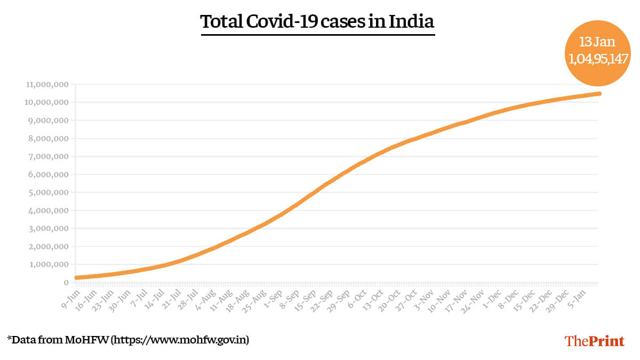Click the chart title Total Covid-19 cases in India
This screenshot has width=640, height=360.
click(x=317, y=22)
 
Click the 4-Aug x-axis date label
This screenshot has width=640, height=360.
click(x=206, y=296)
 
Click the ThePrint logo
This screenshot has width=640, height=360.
click(x=594, y=341)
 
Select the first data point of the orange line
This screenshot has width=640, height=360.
click(x=77, y=277)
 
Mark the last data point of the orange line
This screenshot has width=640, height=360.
click(x=599, y=93)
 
